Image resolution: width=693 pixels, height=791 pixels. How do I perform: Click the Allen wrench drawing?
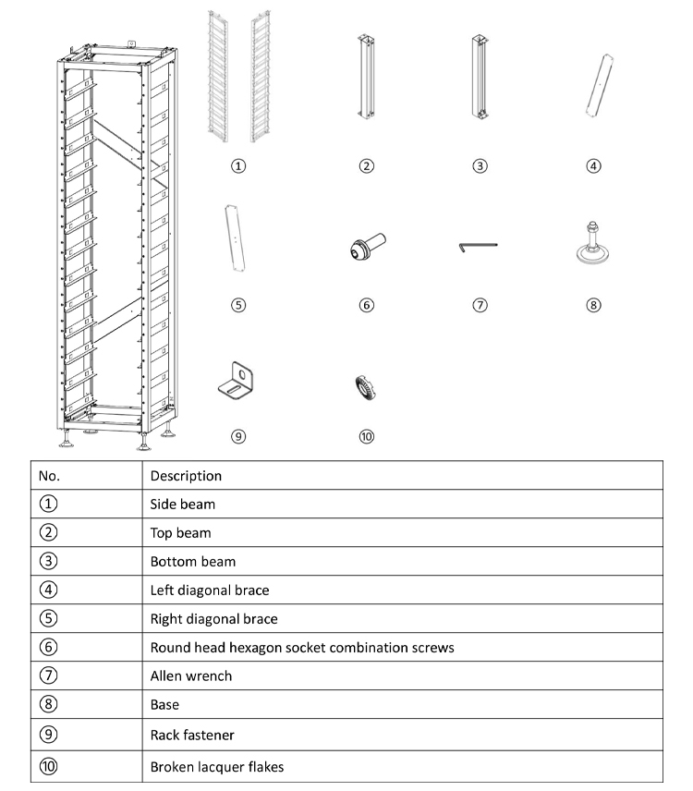coord(478,246)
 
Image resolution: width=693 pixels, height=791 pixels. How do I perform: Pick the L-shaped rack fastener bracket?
coord(238,381)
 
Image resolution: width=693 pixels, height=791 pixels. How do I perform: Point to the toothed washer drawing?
coord(366,388)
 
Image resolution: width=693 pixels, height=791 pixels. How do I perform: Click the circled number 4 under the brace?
coord(593,166)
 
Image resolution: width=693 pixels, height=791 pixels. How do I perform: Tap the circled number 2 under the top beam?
coord(367,166)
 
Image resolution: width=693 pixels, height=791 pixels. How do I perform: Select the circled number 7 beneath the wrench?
coord(480,305)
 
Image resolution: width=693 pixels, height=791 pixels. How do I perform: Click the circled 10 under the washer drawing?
coord(367,437)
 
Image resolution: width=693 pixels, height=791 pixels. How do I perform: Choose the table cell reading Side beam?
coord(183,505)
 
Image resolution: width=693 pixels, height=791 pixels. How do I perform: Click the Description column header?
coord(186,476)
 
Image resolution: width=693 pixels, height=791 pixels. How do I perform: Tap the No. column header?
coord(47,476)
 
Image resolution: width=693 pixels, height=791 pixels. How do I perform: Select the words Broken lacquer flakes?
coord(217,767)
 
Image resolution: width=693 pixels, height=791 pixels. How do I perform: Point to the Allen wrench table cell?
coord(190,675)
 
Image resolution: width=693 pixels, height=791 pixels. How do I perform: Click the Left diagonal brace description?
coord(210,590)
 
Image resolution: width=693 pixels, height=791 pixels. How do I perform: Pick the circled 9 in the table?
coord(48,735)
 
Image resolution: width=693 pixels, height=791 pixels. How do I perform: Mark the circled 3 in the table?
coord(48,561)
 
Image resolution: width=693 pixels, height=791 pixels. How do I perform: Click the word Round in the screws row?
coord(168,647)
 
